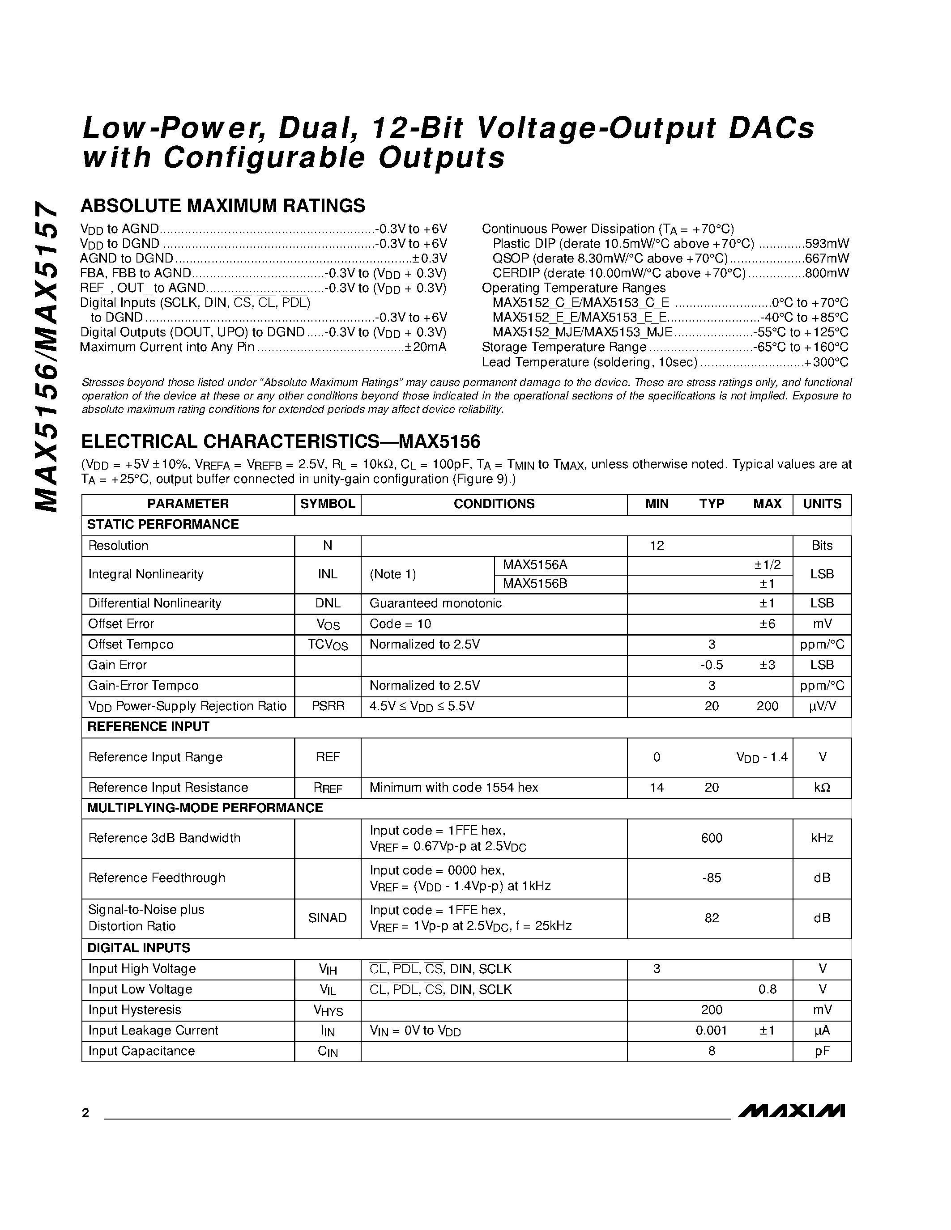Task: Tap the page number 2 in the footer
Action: click(x=85, y=1113)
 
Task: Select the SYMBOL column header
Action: click(x=327, y=504)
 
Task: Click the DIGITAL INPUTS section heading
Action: click(x=139, y=948)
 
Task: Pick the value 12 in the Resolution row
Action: click(x=657, y=546)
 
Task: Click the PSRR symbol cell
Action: click(x=327, y=706)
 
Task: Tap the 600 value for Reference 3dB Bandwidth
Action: click(x=712, y=838)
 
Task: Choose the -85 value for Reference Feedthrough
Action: click(x=712, y=878)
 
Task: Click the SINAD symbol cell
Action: click(x=327, y=918)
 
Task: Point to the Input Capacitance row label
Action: click(x=141, y=1051)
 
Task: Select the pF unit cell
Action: click(x=822, y=1051)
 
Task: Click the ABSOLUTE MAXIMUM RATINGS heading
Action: click(x=222, y=206)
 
